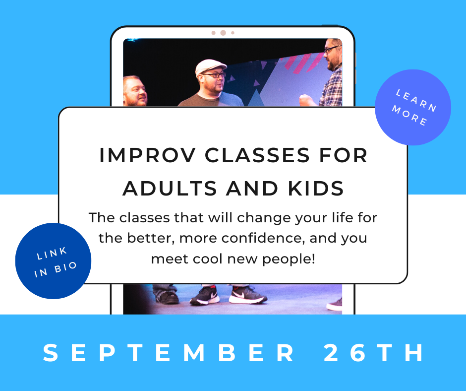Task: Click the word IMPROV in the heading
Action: [x=147, y=155]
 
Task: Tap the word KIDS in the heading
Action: [x=316, y=189]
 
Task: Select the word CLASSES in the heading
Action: [x=257, y=155]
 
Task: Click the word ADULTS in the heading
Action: [x=170, y=189]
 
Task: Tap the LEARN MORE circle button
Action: [x=413, y=107]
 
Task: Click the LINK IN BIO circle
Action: [x=53, y=261]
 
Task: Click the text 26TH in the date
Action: [x=374, y=353]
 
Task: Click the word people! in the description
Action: [x=289, y=260]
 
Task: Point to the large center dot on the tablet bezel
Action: [x=223, y=33]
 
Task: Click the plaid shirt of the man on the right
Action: [x=331, y=87]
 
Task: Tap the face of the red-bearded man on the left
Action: [x=135, y=91]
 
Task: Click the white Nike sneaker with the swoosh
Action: [x=247, y=295]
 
